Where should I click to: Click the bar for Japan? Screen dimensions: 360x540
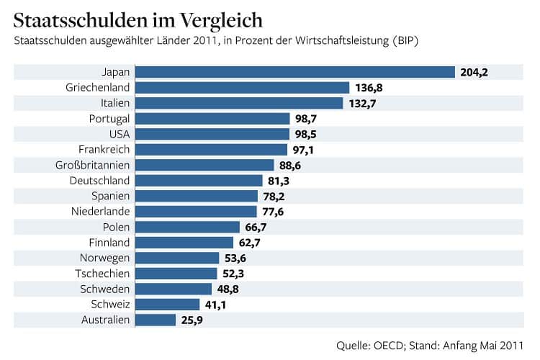pyautogui.click(x=295, y=72)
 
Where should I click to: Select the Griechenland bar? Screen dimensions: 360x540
pyautogui.click(x=243, y=88)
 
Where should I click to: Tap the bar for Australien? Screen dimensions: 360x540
pyautogui.click(x=156, y=319)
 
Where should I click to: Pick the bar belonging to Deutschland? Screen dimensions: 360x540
pyautogui.click(x=199, y=180)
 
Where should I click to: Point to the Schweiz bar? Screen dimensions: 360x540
pyautogui.click(x=168, y=304)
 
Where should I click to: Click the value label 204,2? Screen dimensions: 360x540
pyautogui.click(x=474, y=72)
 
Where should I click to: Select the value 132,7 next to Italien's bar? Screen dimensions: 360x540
pyautogui.click(x=363, y=104)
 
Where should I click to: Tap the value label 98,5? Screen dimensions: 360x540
pyautogui.click(x=304, y=135)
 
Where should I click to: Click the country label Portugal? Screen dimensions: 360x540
pyautogui.click(x=108, y=119)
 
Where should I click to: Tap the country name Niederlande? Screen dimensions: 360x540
pyautogui.click(x=100, y=212)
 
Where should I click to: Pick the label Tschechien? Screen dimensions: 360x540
pyautogui.click(x=102, y=273)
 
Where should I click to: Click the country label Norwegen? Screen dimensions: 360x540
pyautogui.click(x=104, y=258)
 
